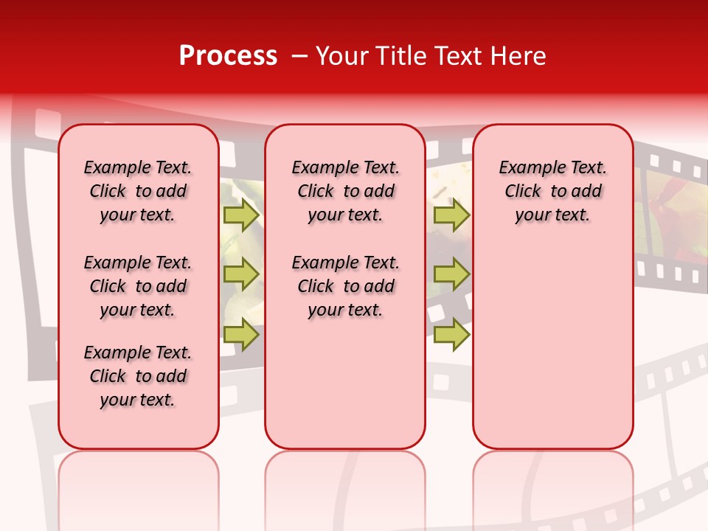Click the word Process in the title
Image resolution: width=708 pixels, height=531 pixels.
[x=228, y=56]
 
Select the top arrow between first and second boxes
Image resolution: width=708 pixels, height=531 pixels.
[x=240, y=215]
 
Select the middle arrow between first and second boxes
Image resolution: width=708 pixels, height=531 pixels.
[x=240, y=274]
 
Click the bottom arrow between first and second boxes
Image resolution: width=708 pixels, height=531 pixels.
[x=240, y=334]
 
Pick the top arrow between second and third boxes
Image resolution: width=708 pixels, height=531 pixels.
[x=451, y=215]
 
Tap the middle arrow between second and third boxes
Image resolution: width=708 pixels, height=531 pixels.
[x=451, y=274]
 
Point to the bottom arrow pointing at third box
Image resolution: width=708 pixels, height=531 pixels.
[x=451, y=334]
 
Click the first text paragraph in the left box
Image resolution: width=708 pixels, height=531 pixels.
[x=138, y=191]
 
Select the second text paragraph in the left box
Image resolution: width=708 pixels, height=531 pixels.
[x=138, y=286]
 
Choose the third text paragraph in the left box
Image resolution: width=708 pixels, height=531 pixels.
[x=138, y=376]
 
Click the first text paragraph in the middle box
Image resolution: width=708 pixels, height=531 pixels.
[x=345, y=191]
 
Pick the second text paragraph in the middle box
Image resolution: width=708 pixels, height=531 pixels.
[x=345, y=286]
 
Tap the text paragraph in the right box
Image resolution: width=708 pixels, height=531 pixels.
[x=552, y=191]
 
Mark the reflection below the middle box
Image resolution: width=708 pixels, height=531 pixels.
[x=345, y=487]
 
